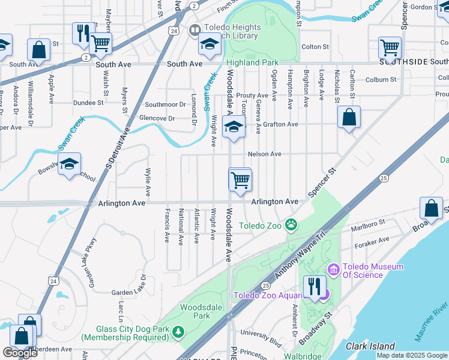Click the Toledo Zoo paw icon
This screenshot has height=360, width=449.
pos(291,225)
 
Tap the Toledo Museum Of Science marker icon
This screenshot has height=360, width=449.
pos(333,268)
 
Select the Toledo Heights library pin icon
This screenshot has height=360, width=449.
pos(194,30)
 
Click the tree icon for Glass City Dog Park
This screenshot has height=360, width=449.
pos(177,331)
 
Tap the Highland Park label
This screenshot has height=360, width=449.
pos(252,62)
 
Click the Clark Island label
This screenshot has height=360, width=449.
pos(370,346)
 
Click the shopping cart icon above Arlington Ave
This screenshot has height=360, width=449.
pos(240,179)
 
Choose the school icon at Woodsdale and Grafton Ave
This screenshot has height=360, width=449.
pos(233,127)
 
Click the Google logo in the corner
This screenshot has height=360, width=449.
pos(20,353)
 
